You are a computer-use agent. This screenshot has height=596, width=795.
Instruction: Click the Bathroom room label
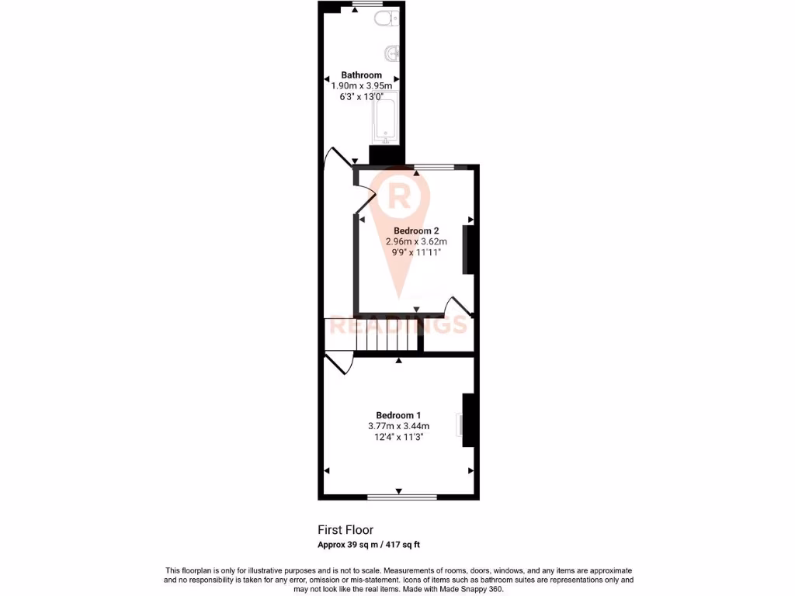click(x=362, y=75)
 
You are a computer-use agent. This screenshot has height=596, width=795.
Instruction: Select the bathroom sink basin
click(x=392, y=54)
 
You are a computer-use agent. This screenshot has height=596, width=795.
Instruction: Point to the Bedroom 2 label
click(x=417, y=231)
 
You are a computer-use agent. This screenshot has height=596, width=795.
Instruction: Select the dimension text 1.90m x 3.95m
click(x=363, y=86)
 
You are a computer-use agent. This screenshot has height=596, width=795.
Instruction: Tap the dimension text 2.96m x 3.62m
click(x=417, y=242)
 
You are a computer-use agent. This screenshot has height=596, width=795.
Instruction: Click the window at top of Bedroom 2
click(x=434, y=167)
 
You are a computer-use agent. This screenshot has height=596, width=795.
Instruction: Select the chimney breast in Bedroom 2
click(x=468, y=249)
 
